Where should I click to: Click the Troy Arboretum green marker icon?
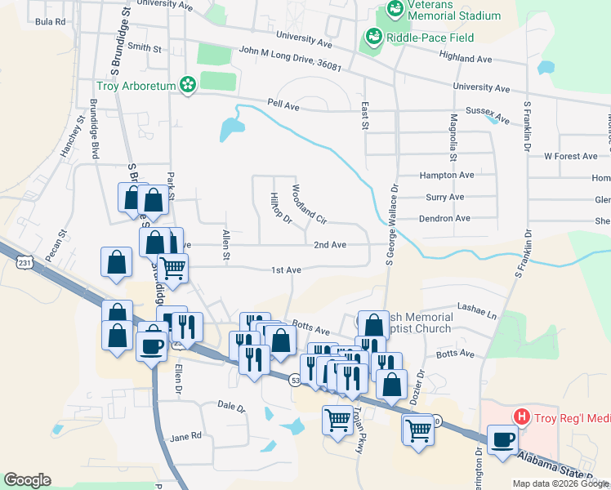tap(188, 85)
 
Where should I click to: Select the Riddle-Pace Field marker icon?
tap(373, 36)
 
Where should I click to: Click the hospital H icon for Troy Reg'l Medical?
tap(521, 417)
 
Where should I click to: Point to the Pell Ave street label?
tap(283, 104)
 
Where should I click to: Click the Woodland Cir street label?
tap(310, 204)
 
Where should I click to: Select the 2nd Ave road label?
tap(330, 244)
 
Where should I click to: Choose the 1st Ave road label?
tap(287, 269)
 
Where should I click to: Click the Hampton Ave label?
tap(446, 175)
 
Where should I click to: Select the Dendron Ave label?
tap(444, 218)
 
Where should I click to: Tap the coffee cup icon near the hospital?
tap(502, 439)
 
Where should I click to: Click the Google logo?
tap(27, 480)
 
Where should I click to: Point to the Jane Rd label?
tap(185, 436)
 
